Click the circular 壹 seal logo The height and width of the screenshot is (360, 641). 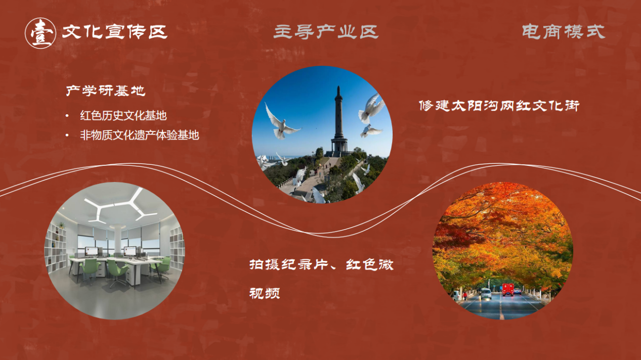point(40,33)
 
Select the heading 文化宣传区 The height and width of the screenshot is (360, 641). point(114,32)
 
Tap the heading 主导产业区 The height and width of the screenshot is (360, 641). point(326,32)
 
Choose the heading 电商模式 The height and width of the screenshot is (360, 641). point(564,31)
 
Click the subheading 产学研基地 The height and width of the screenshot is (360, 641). point(106,91)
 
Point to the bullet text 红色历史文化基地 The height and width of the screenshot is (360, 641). point(123,115)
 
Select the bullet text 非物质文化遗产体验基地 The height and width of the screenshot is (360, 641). point(139,135)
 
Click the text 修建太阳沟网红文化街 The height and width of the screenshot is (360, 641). point(499,106)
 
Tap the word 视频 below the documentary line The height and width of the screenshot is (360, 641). point(265,293)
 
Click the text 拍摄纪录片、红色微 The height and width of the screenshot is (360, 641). point(321,265)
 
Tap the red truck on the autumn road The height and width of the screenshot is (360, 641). point(507,289)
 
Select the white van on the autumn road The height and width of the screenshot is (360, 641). point(485,293)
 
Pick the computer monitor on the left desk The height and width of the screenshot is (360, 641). point(92,252)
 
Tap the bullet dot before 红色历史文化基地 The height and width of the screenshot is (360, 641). point(67,116)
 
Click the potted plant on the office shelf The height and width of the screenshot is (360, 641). point(61,226)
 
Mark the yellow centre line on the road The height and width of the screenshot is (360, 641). point(500,307)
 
